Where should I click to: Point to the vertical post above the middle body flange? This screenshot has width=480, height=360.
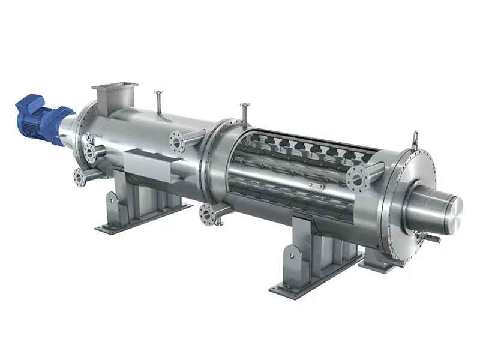pyautogui.click(x=245, y=113)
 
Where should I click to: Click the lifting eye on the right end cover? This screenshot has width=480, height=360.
pyautogui.click(x=413, y=139)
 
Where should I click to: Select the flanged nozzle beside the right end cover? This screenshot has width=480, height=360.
pyautogui.click(x=358, y=177)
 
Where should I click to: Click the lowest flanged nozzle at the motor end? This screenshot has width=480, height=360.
pyautogui.click(x=79, y=176)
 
